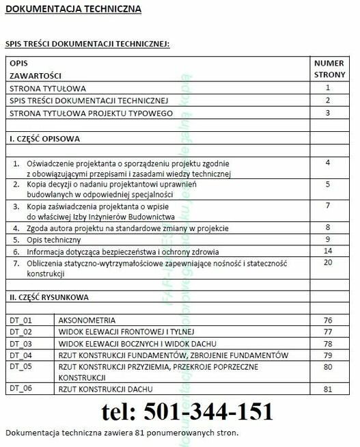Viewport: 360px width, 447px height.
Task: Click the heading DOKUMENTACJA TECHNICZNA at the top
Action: coord(74,10)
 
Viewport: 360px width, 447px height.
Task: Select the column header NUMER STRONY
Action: coord(329,68)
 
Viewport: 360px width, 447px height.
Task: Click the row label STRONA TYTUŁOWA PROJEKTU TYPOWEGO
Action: coord(91,113)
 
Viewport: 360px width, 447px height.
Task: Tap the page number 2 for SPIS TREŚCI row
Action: coord(329,100)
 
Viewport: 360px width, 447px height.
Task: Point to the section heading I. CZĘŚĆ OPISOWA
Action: coord(44,139)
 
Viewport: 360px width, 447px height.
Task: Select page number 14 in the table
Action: coord(329,251)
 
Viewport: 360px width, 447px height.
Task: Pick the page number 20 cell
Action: coord(329,262)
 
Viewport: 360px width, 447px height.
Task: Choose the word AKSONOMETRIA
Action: coord(87,321)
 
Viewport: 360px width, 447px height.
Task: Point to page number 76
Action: coord(329,321)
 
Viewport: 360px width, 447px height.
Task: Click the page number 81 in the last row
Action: coord(329,389)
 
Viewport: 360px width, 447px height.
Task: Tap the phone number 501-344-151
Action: coord(187,411)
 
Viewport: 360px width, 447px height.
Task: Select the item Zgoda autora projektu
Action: coord(128,228)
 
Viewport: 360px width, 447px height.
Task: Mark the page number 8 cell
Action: coord(329,227)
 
